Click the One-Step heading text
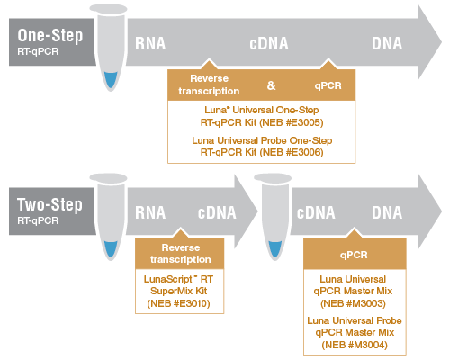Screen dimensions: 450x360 (50, 36)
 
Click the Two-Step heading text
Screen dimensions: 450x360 (49, 205)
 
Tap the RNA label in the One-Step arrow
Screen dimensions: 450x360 (150, 43)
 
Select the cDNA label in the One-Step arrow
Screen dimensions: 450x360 (269, 43)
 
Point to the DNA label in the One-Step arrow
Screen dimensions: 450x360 (387, 43)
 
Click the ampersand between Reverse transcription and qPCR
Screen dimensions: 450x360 (271, 85)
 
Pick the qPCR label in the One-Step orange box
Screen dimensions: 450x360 (328, 85)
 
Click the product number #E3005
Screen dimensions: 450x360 (302, 122)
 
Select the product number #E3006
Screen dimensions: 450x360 (302, 152)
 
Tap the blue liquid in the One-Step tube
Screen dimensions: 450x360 (111, 79)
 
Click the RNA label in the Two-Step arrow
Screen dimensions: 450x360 (150, 212)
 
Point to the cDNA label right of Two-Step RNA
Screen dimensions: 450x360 (217, 212)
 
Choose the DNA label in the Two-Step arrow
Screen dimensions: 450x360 (387, 212)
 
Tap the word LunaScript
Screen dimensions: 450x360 (168, 280)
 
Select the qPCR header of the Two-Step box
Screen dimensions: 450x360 (354, 255)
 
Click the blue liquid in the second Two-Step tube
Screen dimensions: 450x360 (275, 249)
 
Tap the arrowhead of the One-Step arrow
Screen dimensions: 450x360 (429, 42)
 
